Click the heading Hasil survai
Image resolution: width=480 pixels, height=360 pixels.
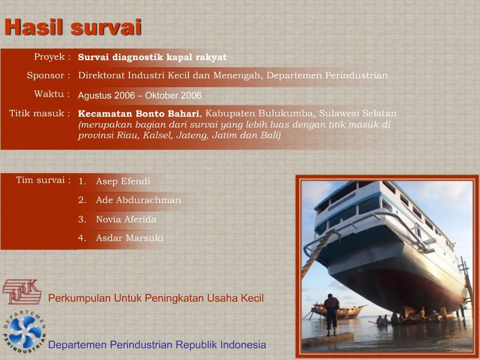click(x=73, y=27)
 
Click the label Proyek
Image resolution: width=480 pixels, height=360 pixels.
click(x=52, y=57)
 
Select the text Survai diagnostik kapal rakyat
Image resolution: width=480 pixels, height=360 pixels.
click(x=152, y=57)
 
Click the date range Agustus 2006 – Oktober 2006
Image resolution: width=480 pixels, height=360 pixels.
click(x=139, y=96)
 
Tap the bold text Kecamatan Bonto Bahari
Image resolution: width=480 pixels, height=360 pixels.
click(x=138, y=113)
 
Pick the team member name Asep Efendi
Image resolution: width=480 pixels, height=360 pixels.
click(x=123, y=181)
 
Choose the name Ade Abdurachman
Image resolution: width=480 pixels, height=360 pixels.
click(x=138, y=200)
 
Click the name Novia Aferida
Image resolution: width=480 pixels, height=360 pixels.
click(x=126, y=219)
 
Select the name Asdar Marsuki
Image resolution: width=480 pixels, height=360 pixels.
click(x=129, y=238)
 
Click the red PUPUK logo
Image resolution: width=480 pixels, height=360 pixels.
click(x=21, y=291)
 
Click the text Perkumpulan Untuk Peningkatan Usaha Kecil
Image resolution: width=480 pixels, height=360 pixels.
click(x=156, y=298)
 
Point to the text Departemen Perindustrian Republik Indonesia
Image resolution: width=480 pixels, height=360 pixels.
click(x=157, y=345)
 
